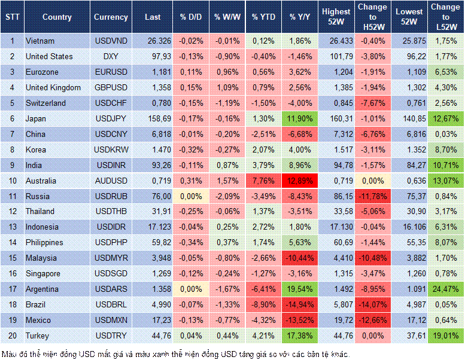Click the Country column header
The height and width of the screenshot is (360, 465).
pos(57,17)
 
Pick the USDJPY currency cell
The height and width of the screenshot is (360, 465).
pos(111,119)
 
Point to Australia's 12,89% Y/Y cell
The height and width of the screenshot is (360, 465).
pos(300,181)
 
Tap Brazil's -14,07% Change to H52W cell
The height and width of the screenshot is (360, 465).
pos(373,305)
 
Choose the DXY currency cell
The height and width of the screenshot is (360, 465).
pos(111,57)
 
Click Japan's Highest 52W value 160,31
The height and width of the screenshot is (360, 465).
pos(336,119)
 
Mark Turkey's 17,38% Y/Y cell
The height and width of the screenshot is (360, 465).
pos(300,335)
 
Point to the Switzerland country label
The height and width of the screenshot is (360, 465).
pos(47,103)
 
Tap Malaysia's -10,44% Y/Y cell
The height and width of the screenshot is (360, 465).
pos(300,258)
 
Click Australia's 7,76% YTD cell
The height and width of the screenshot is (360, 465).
pos(263,181)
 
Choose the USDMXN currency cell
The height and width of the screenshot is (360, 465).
pos(111,321)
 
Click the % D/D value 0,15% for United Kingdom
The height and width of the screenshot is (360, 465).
pos(191,88)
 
